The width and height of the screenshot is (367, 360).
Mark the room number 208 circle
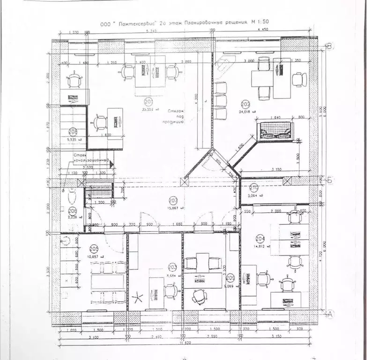coord(73,132)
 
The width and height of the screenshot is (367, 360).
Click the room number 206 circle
coord(73,210)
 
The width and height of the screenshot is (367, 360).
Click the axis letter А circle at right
coord(330,314)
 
